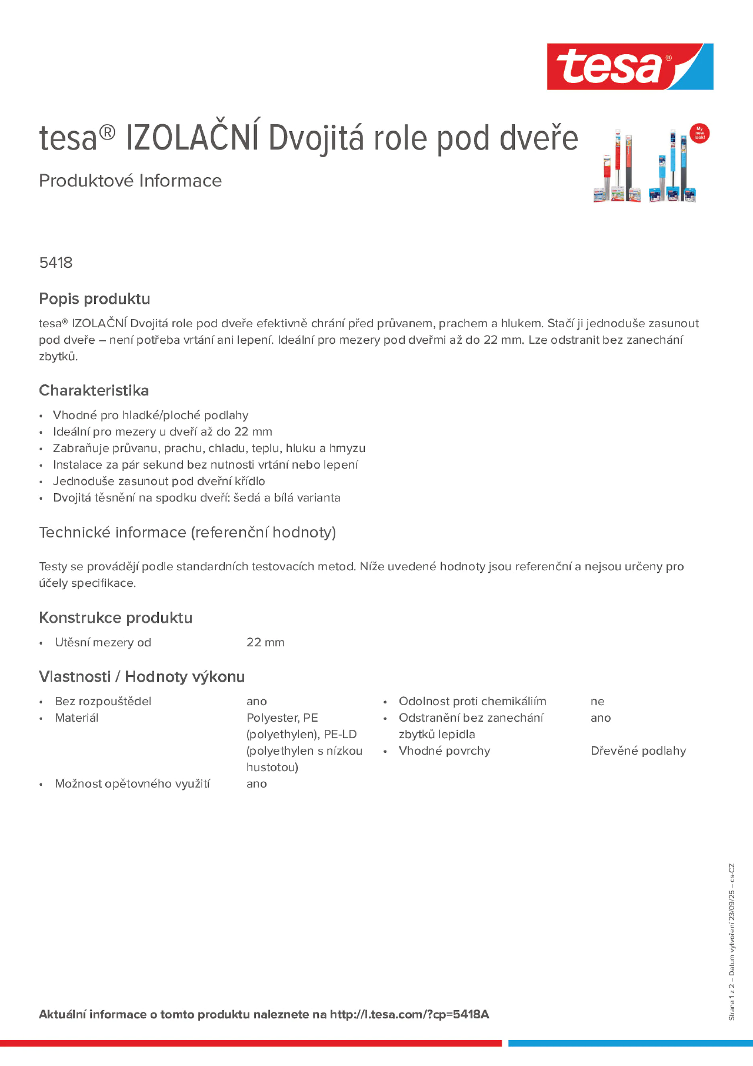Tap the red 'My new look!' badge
click(699, 133)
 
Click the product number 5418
click(56, 263)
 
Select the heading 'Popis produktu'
click(94, 299)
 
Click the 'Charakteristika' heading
click(94, 390)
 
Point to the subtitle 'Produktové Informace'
click(130, 181)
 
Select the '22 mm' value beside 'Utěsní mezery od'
click(265, 642)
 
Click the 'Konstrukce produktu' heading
click(116, 617)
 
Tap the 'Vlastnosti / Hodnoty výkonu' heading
click(142, 676)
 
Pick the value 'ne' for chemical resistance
click(597, 701)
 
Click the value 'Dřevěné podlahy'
click(638, 751)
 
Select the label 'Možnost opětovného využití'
click(132, 784)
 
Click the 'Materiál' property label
click(77, 718)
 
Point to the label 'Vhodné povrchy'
click(444, 751)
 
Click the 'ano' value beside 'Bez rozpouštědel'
click(256, 701)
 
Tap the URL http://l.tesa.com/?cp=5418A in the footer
click(409, 1015)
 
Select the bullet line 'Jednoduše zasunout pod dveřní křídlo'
click(159, 481)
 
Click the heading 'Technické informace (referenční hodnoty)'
click(187, 532)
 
